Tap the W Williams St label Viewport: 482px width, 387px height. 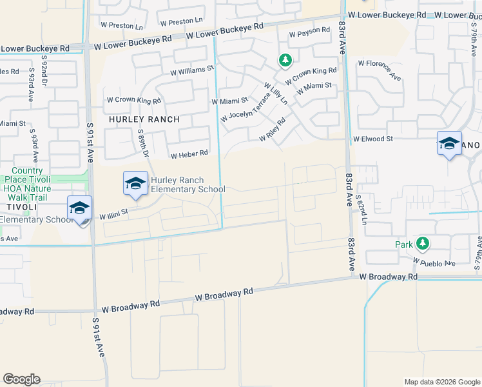click(192, 70)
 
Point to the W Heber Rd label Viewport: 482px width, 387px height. click(189, 154)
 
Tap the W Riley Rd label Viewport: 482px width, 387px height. click(272, 131)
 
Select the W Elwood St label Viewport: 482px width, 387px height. click(372, 139)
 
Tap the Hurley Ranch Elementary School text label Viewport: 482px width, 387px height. click(188, 184)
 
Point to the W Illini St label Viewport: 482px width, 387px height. click(114, 213)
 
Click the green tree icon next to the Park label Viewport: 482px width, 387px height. click(422, 244)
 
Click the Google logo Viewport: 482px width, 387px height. click(21, 379)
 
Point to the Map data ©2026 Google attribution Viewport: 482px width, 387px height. click(441, 382)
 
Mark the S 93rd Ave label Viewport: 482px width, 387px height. click(30, 89)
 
